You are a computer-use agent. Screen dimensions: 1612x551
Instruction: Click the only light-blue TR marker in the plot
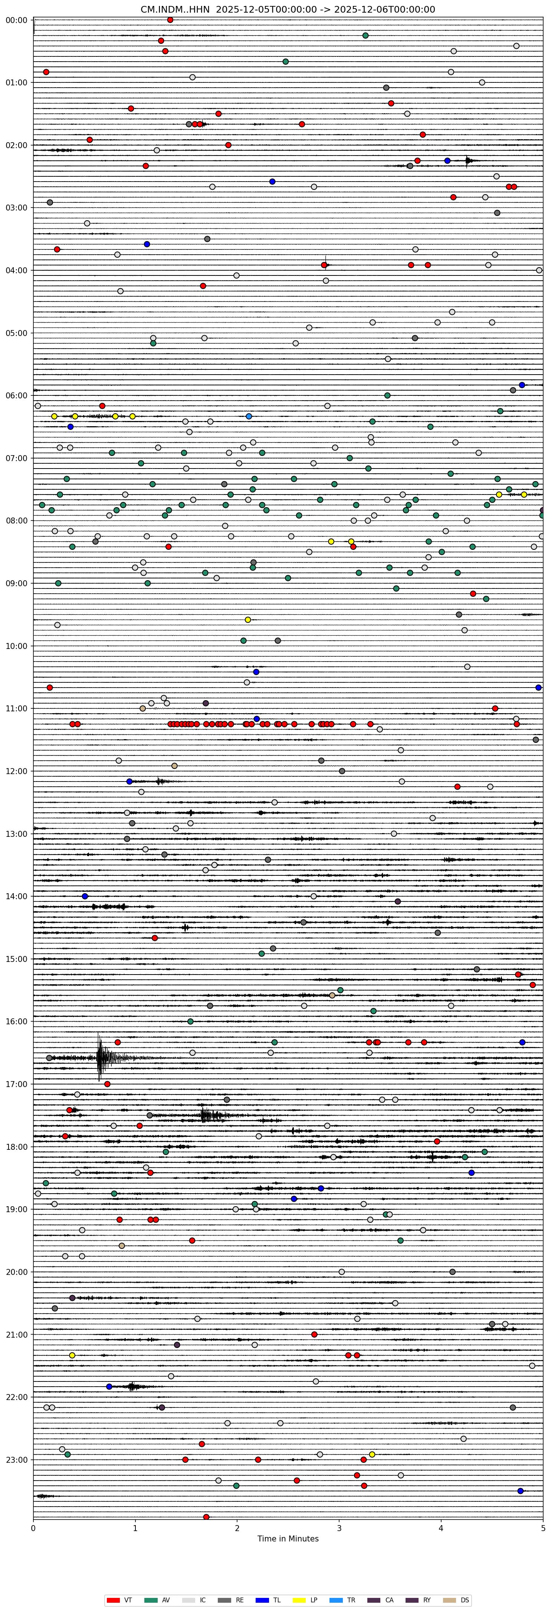(249, 416)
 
